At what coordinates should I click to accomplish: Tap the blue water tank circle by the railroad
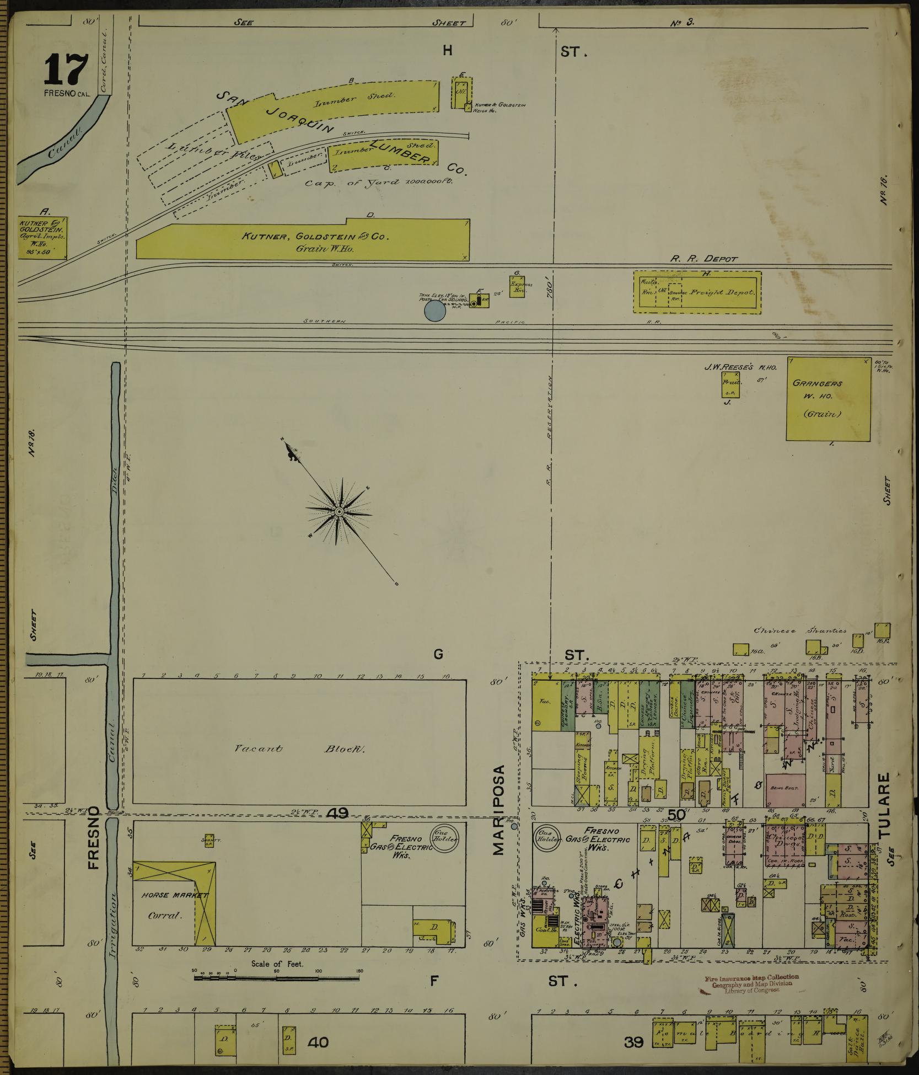click(434, 311)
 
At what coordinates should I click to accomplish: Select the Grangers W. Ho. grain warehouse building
click(827, 399)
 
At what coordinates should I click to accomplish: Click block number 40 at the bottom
click(318, 1042)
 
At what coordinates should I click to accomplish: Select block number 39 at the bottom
click(635, 1042)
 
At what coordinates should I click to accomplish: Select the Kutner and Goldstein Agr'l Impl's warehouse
click(43, 237)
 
